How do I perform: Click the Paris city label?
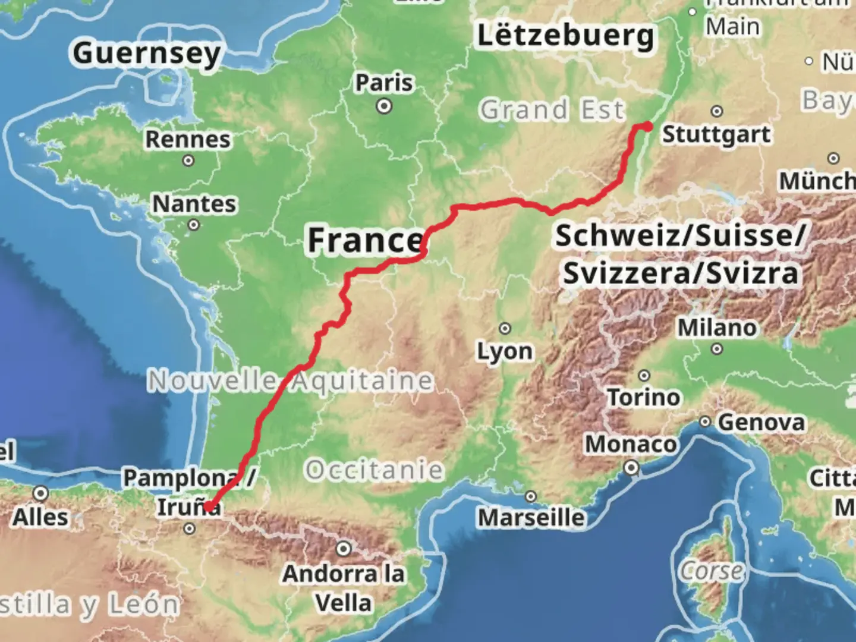click(x=384, y=83)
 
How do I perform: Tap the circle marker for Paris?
click(x=385, y=107)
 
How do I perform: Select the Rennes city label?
click(x=188, y=139)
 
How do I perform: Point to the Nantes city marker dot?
click(x=194, y=225)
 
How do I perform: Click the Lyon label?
click(x=505, y=351)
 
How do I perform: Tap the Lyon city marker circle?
click(x=505, y=328)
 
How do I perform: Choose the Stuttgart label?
click(x=716, y=134)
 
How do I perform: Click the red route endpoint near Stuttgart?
click(x=647, y=126)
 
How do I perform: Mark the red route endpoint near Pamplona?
click(x=209, y=507)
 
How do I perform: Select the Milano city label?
click(x=717, y=328)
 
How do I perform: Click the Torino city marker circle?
click(x=644, y=376)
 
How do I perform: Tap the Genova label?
click(x=761, y=423)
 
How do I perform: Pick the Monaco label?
click(x=631, y=444)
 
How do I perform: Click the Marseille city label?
click(x=531, y=517)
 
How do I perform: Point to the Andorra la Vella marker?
click(x=344, y=549)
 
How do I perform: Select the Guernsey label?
click(x=147, y=53)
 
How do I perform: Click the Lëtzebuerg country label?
click(x=565, y=36)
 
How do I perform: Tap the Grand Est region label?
click(x=552, y=110)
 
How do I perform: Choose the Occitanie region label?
click(x=374, y=470)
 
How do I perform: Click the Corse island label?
click(x=712, y=571)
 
